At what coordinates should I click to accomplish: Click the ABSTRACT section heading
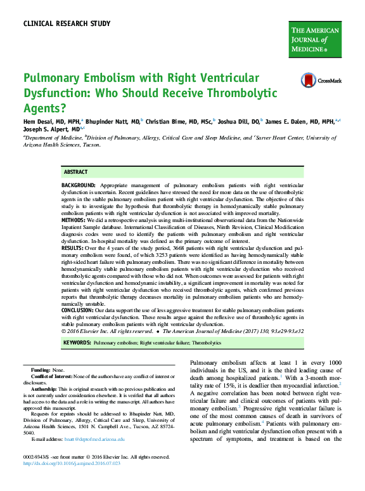tap(75, 172)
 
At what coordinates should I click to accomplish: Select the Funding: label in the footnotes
tap(41, 369)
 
